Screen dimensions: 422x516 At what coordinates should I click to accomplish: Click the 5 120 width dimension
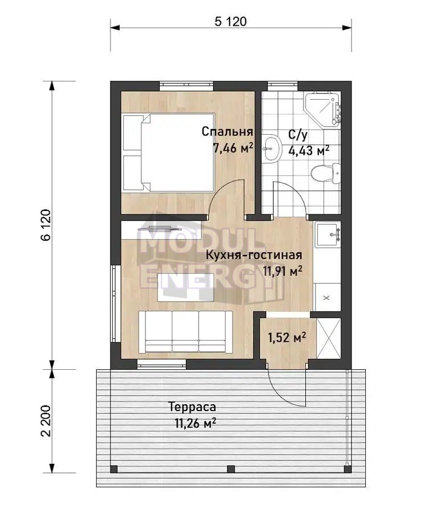tap(230, 22)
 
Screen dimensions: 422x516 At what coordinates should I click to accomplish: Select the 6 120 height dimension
tap(46, 225)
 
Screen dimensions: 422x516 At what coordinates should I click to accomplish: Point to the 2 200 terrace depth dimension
tap(46, 421)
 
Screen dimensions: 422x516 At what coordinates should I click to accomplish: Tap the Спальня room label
tap(227, 132)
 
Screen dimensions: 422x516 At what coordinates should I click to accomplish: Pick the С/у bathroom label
tap(298, 135)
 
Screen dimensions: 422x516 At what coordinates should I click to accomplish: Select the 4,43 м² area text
tap(309, 150)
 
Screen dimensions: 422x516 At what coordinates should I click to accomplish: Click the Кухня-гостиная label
tap(254, 255)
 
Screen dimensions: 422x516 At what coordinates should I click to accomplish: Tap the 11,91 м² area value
tap(283, 271)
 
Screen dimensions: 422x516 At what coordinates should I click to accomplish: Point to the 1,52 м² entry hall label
tap(287, 337)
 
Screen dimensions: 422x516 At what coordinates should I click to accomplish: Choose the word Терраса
tap(192, 407)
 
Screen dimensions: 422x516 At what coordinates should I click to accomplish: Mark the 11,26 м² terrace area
tap(195, 423)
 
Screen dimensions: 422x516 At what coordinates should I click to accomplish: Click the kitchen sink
tap(328, 234)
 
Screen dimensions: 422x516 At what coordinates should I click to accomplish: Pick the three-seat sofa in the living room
tap(186, 332)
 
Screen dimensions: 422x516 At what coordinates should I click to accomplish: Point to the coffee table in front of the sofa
tap(186, 287)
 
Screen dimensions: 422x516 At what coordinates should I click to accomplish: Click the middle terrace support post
tap(231, 468)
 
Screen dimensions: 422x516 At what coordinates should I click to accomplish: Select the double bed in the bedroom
tap(168, 153)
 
